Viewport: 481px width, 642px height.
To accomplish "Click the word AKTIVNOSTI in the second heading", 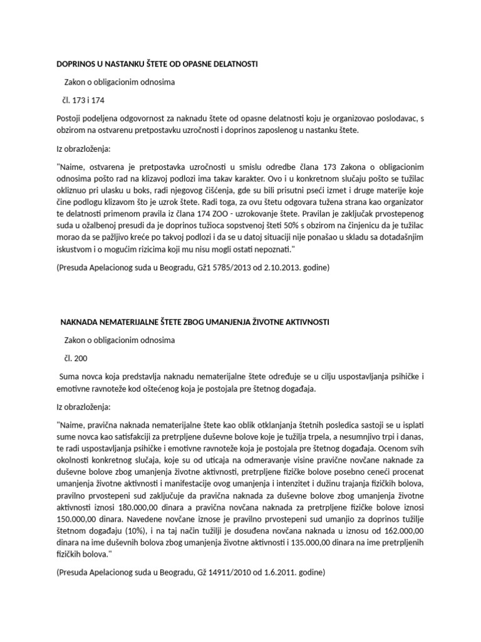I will pyautogui.click(x=303, y=322).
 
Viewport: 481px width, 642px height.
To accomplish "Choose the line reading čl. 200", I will pyautogui.click(x=75, y=358).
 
